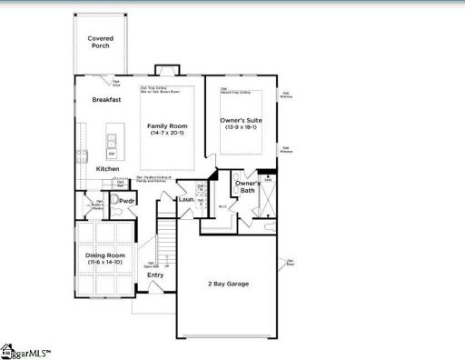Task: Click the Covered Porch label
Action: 100,42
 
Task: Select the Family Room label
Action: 167,126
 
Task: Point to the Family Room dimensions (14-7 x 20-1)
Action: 167,134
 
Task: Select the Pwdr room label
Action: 126,200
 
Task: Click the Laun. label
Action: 186,199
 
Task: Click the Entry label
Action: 155,275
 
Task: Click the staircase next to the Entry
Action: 166,245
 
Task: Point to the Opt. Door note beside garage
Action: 291,263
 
